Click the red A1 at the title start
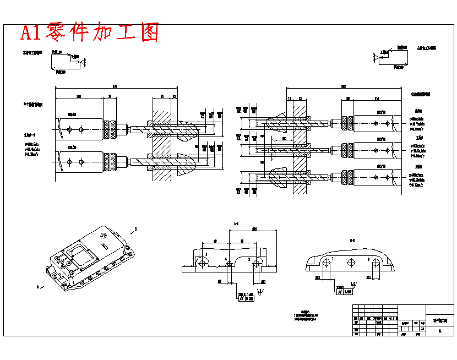point(32,33)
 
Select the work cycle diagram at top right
point(391,58)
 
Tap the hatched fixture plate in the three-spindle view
point(300,146)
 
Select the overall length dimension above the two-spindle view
point(115,86)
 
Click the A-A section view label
point(236,223)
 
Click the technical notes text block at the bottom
point(306,315)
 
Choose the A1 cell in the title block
point(439,330)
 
